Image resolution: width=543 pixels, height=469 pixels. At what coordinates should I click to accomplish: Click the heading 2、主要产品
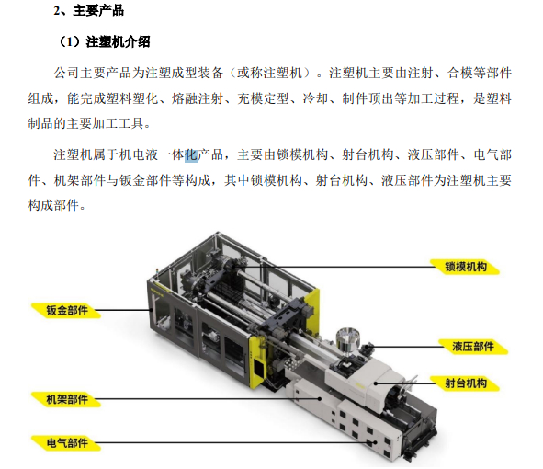pos(88,12)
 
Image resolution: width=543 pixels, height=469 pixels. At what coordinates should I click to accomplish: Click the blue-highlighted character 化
pos(191,154)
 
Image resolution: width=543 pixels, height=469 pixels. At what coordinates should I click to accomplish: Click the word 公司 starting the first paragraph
pos(66,72)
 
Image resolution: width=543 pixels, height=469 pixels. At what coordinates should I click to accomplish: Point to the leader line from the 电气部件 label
pos(230,442)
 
